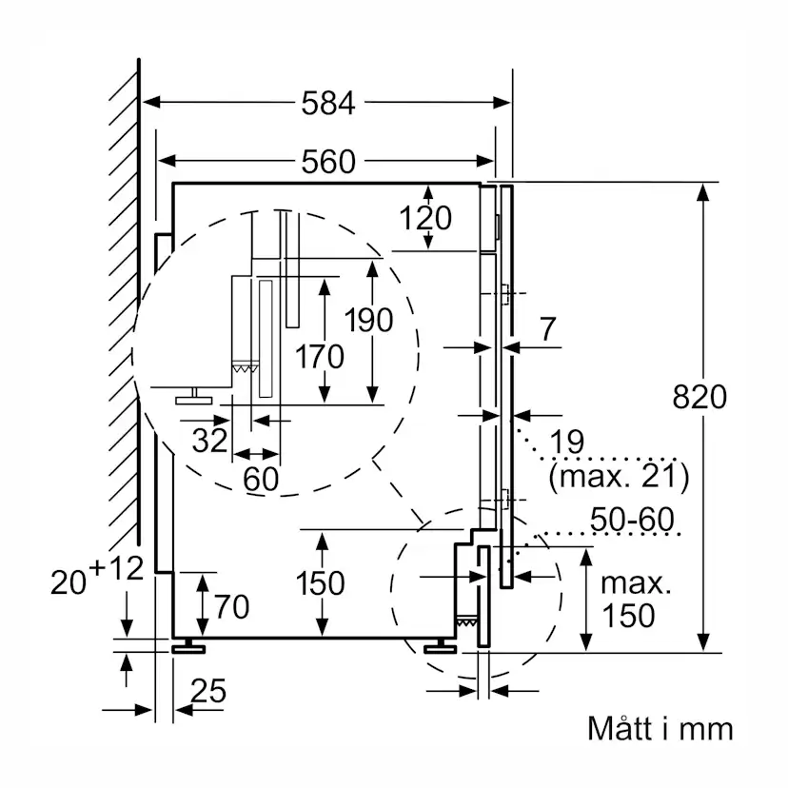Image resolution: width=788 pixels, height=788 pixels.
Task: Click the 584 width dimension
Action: coord(327,103)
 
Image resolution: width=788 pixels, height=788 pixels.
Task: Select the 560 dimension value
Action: coord(327,163)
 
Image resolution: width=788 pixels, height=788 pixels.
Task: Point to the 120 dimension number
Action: coord(425,218)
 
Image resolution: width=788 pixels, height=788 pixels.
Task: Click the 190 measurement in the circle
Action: coord(368,320)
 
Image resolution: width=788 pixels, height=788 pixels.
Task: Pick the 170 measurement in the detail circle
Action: coord(319,357)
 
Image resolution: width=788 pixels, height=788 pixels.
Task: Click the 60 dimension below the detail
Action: coord(260,479)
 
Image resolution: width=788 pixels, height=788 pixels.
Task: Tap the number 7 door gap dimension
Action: coord(546,329)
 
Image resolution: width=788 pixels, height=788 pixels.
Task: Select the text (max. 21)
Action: coord(618,472)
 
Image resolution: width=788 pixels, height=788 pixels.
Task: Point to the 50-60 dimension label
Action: coord(631,520)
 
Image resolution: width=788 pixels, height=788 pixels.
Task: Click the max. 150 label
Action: coord(628,600)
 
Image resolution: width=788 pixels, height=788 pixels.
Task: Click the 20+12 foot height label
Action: coord(96,576)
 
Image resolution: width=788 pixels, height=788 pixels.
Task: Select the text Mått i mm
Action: coord(660,729)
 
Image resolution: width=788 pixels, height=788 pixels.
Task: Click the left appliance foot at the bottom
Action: coord(188,646)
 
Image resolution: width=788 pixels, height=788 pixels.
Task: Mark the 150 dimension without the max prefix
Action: coord(320,581)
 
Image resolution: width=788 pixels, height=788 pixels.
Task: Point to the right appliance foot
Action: coord(441,646)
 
